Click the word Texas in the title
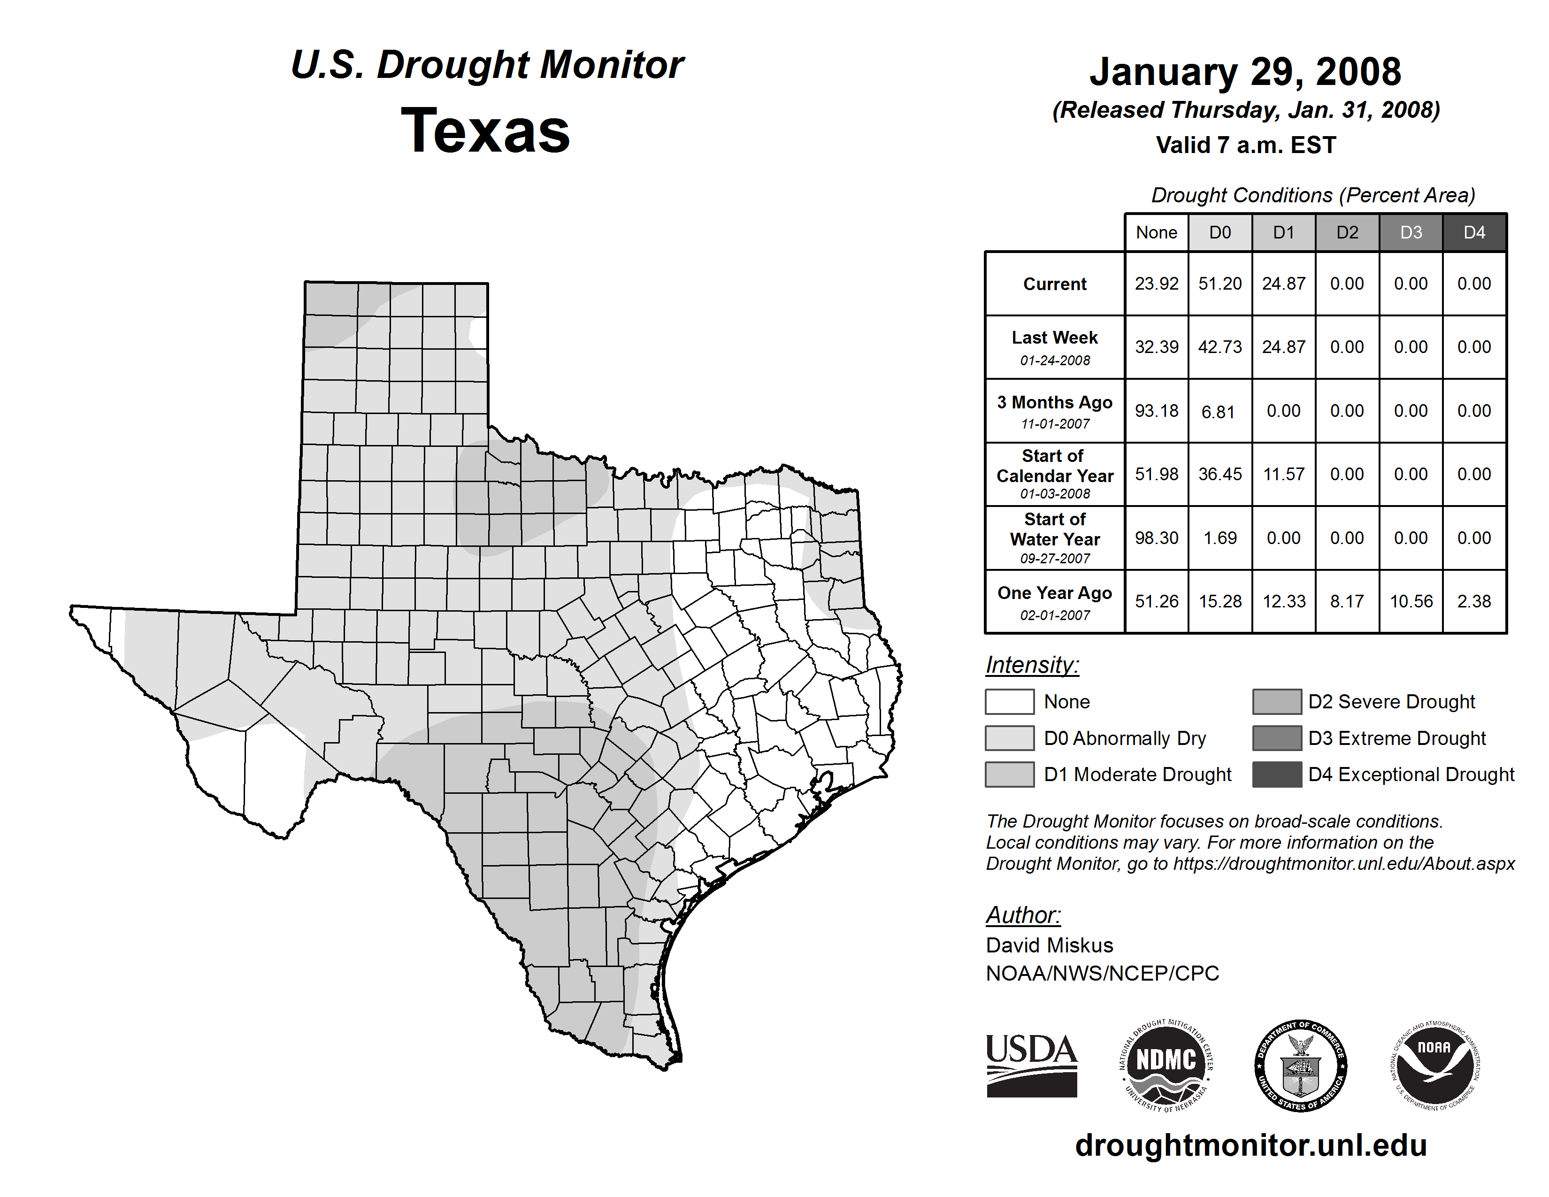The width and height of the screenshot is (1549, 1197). pos(485,130)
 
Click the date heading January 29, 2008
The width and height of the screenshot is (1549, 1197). pos(1245,72)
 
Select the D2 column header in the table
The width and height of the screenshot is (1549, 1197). pos(1347,232)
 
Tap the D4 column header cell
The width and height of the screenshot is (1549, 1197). pos(1474,232)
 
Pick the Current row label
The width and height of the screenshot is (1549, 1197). pos(1055,284)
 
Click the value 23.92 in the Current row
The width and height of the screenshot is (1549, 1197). pos(1156,284)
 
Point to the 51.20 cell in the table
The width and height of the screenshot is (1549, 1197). pos(1220,284)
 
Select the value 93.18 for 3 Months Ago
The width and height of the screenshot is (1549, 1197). pos(1156,411)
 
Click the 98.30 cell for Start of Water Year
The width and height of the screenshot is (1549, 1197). pos(1156,537)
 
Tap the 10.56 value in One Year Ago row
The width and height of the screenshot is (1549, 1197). pos(1411,601)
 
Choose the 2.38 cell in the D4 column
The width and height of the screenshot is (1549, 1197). pos(1474,601)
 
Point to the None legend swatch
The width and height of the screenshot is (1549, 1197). pos(1009,701)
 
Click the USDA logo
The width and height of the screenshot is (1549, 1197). pos(1031,1065)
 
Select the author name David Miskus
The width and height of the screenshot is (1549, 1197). pos(1049,945)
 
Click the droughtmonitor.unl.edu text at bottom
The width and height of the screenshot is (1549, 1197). pos(1250,1145)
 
